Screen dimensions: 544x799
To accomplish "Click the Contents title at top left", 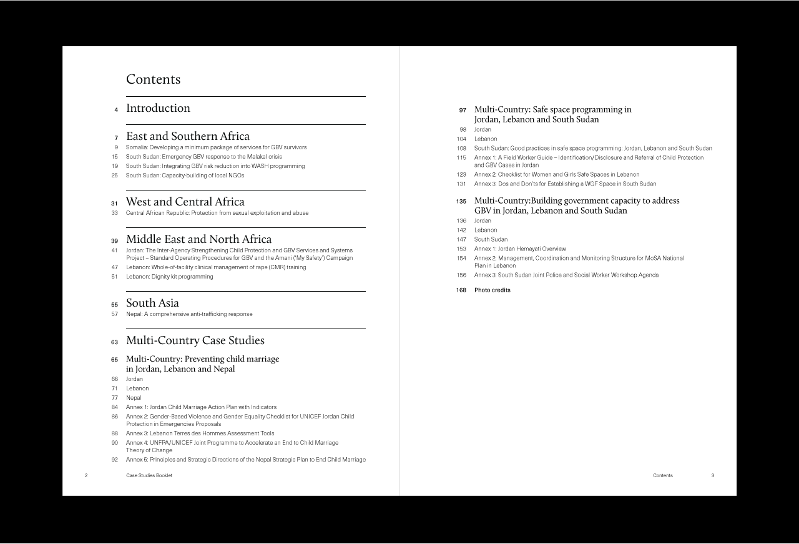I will pos(153,79).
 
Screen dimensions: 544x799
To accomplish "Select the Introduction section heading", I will pos(158,108).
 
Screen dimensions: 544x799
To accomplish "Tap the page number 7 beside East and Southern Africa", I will pos(116,137).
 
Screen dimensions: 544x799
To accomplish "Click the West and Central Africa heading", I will pos(185,202).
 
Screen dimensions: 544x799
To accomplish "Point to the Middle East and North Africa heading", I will pos(199,239).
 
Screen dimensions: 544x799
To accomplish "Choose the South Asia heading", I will pos(152,304).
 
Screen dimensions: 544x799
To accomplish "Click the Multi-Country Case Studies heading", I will pos(195,340).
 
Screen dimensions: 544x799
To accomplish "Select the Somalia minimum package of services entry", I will pos(216,147).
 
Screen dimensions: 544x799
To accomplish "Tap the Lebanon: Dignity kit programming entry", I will pos(169,277).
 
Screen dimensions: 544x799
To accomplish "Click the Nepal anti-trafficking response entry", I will pos(189,314).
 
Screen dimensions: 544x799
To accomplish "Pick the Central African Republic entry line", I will pos(217,213).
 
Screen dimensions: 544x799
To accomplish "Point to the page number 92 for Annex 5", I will pos(115,460).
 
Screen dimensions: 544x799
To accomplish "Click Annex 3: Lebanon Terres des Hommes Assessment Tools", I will pos(200,433).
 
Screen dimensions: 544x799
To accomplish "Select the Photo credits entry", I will pos(492,290).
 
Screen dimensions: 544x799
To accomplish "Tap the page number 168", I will pos(461,290).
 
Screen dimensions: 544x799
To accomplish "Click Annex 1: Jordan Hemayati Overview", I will pos(520,249).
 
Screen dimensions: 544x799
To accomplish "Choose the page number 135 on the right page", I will pos(461,202).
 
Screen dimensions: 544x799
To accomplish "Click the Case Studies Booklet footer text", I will pos(149,476).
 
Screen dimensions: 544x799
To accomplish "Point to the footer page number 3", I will pos(712,476).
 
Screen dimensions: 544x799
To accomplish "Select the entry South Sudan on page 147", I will pos(491,240).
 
